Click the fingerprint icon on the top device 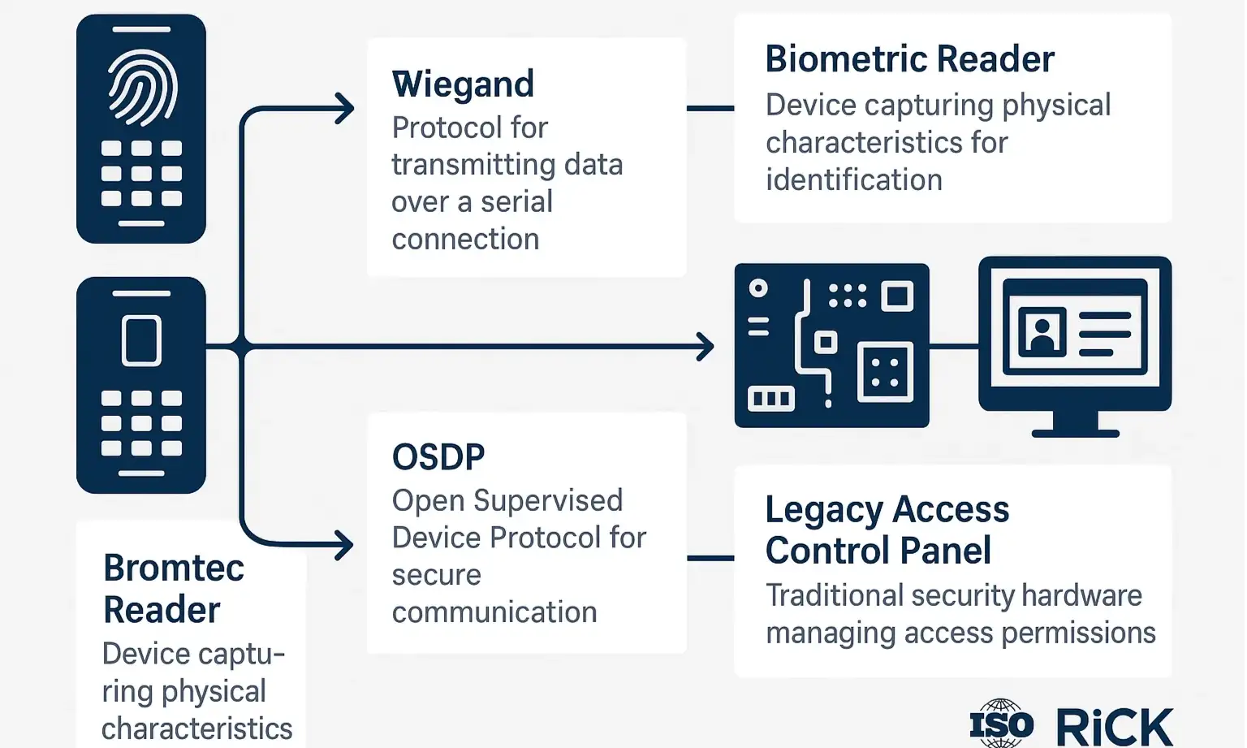pos(142,88)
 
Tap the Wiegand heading pos(463,84)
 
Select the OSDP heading pos(438,457)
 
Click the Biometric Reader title pos(909,59)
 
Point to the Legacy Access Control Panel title pos(887,530)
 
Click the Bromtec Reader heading pos(173,589)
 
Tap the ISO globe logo pos(1001,723)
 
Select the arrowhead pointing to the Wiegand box pos(346,108)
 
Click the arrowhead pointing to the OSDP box pos(346,544)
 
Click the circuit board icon pos(831,345)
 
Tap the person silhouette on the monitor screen pos(1042,331)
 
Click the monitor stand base pos(1075,432)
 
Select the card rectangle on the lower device pos(141,340)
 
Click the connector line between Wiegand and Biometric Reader pos(710,108)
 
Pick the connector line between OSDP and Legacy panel pos(710,558)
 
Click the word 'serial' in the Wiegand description pos(516,201)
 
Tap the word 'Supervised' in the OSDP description pos(548,501)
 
